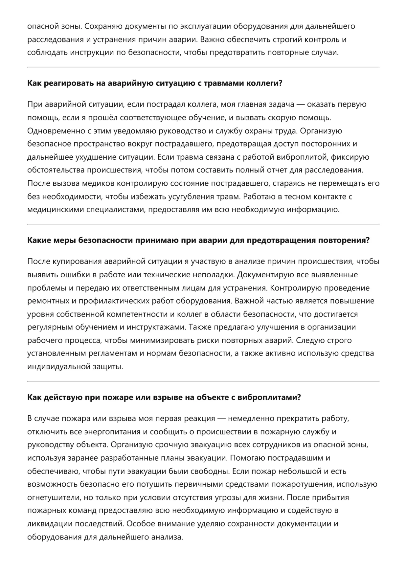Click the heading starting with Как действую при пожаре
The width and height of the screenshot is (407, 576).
[164, 397]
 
